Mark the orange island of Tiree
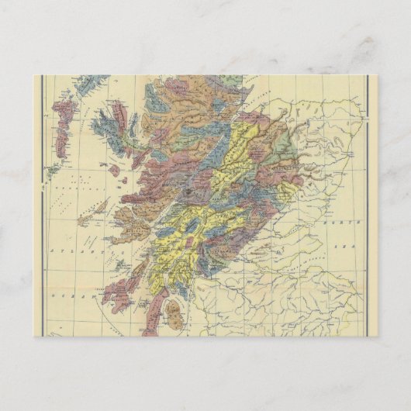(85, 219)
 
